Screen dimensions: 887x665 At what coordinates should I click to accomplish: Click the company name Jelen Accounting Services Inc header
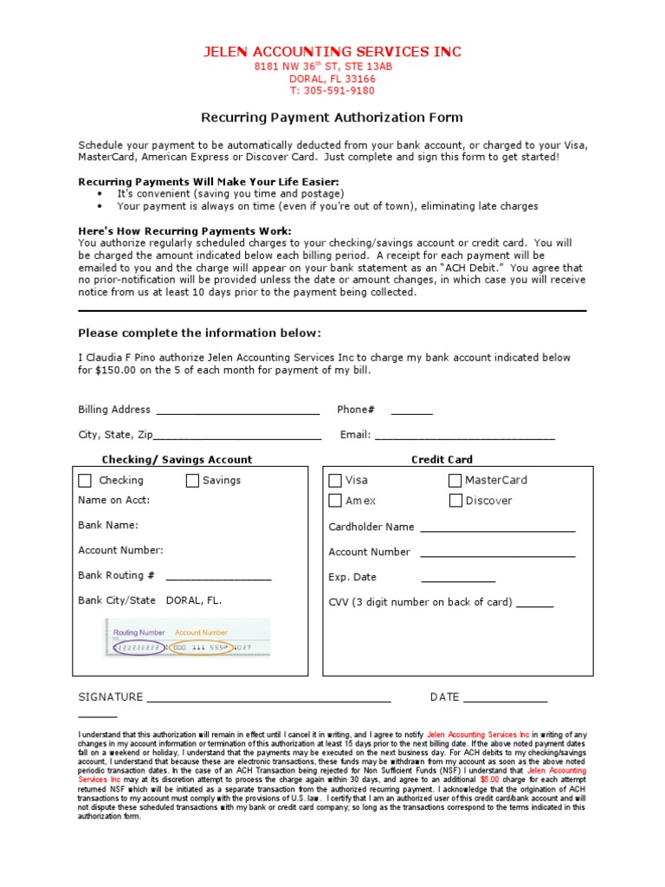(332, 52)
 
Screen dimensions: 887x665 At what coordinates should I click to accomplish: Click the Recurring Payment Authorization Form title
(332, 117)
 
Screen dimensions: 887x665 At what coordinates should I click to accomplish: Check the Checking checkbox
(85, 481)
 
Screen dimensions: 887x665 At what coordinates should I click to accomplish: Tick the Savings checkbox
(192, 481)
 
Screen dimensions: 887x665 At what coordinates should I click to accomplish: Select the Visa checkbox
(335, 481)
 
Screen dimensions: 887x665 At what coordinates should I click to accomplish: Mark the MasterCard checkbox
(455, 481)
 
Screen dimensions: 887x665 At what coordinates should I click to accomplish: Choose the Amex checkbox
(335, 501)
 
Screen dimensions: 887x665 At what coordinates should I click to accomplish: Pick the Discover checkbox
(455, 501)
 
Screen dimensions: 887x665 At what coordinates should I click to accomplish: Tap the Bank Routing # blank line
(218, 578)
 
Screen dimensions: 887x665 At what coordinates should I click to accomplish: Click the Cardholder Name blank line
(497, 529)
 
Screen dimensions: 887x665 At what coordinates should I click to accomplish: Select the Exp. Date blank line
(458, 580)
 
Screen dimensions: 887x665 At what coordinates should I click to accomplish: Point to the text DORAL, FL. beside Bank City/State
(194, 600)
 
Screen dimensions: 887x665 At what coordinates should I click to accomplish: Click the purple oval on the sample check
(138, 648)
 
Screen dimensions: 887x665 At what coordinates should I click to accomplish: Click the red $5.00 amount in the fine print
(489, 780)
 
